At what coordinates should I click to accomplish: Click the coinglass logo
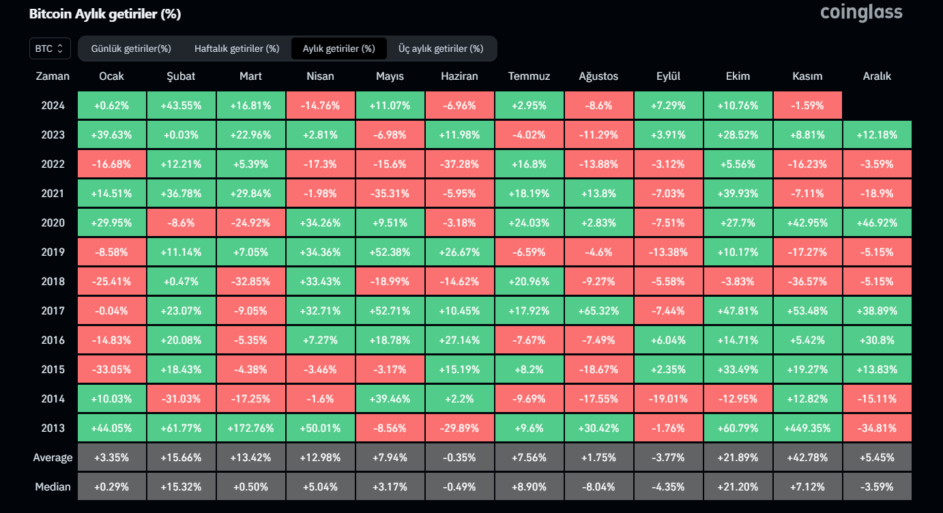point(861,12)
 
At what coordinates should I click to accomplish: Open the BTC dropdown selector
point(49,48)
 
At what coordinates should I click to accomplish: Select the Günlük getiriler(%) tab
point(131,48)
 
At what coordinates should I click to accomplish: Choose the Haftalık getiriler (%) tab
point(237,48)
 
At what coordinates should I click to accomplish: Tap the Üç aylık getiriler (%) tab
point(441,48)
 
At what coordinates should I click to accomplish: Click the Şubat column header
point(181,76)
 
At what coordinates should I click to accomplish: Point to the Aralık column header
point(877,76)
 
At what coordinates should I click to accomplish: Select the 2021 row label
point(53,194)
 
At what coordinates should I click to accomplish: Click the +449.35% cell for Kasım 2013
point(808,428)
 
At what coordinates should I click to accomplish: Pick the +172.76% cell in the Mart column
point(250,428)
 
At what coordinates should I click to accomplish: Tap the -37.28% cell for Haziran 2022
point(459,164)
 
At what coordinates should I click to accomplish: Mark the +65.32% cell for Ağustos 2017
point(598,311)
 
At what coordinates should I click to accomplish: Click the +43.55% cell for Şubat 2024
point(181,106)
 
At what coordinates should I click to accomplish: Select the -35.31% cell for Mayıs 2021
point(390,194)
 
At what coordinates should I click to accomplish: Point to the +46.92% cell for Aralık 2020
point(877,223)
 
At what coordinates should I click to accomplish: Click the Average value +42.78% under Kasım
point(808,458)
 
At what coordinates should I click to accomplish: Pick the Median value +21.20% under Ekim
point(738,487)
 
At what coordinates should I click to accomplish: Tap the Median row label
point(53,487)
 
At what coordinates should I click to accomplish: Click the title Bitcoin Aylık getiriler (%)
point(105,14)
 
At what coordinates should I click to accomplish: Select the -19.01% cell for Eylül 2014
point(668,399)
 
